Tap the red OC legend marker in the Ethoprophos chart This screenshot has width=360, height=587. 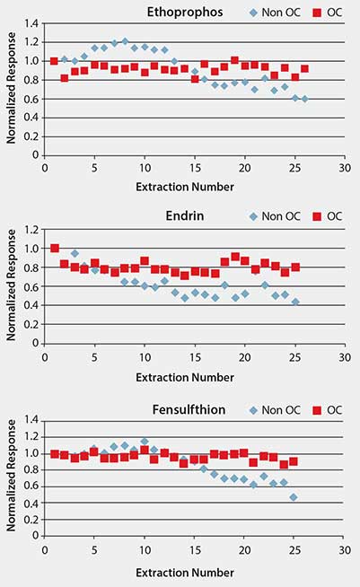317,13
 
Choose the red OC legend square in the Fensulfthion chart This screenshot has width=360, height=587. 317,410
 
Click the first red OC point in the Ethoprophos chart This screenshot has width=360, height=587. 54,61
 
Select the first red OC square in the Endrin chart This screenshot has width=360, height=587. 54,249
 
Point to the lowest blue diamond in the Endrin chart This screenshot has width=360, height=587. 294,302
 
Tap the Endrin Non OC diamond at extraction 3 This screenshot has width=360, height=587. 75,253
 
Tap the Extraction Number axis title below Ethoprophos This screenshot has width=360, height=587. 194,187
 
